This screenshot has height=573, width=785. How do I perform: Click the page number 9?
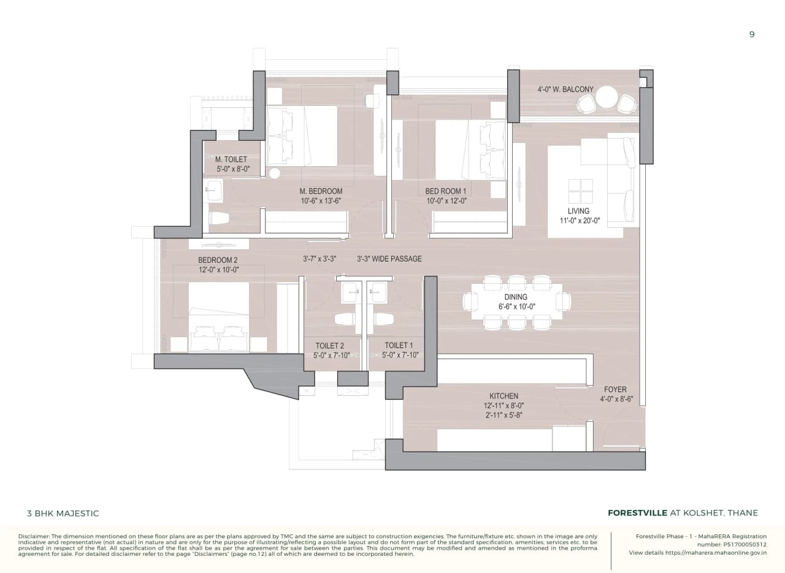point(752,34)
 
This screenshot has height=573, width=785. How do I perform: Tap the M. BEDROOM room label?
point(321,191)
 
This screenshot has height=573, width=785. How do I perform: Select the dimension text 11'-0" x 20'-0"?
point(578,221)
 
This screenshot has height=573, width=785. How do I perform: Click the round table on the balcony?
point(607,97)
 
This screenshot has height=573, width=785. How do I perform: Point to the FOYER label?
point(615,389)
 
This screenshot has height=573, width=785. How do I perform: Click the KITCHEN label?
point(504,396)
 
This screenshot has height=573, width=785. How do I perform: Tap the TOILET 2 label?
point(329,346)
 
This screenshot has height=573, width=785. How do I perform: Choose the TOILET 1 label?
point(399,346)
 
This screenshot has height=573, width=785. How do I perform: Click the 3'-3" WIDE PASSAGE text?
point(389,259)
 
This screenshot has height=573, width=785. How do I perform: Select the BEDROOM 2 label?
point(218,260)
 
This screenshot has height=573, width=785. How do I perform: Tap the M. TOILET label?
point(231,159)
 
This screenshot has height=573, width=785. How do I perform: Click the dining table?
point(516,302)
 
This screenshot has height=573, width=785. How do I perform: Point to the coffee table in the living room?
point(580,191)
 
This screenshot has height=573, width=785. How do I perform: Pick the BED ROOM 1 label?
point(446,191)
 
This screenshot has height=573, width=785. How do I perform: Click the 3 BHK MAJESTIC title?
point(63,514)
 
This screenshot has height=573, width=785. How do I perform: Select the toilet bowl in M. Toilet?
point(219,218)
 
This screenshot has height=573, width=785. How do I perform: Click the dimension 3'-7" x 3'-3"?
point(320,259)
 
